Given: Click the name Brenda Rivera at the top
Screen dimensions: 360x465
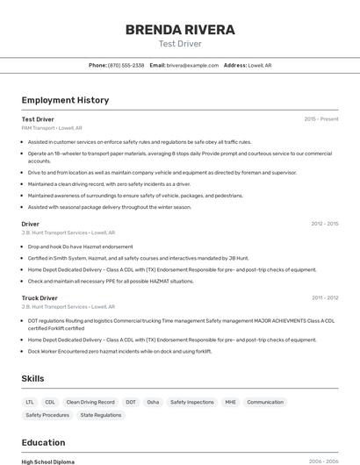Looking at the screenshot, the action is coord(180,30).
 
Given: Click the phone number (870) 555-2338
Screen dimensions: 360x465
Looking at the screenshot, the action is coord(126,65).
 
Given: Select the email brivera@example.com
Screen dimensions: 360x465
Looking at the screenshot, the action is coord(192,65).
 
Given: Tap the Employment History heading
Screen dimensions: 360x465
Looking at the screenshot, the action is coord(65,100).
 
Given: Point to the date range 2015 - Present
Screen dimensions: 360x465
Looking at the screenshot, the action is coord(320,118).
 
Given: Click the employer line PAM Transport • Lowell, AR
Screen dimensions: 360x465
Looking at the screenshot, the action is coord(52,128).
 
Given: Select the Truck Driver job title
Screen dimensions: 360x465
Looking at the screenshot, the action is coord(40,298).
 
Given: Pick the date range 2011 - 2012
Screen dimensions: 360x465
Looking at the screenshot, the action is coord(325,298).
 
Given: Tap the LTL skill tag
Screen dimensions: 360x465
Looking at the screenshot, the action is coord(31,402).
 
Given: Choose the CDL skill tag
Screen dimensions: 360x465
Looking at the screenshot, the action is coord(50,402).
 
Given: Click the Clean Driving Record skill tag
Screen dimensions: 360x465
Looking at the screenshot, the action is coord(90,402).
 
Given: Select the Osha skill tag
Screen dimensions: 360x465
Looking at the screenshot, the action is coord(153,402).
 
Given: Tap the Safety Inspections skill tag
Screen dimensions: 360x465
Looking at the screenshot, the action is coord(192,402).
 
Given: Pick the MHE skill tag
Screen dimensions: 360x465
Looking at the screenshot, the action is coord(230,402).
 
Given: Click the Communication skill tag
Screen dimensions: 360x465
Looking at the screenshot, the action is coord(265,402).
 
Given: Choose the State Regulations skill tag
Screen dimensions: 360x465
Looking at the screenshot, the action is coord(101,415).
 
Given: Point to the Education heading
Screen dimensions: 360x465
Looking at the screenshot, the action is coord(43,442).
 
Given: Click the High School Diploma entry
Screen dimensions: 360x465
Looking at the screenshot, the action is coord(47,461).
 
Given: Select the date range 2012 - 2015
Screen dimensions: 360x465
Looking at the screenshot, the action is coord(325,224).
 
